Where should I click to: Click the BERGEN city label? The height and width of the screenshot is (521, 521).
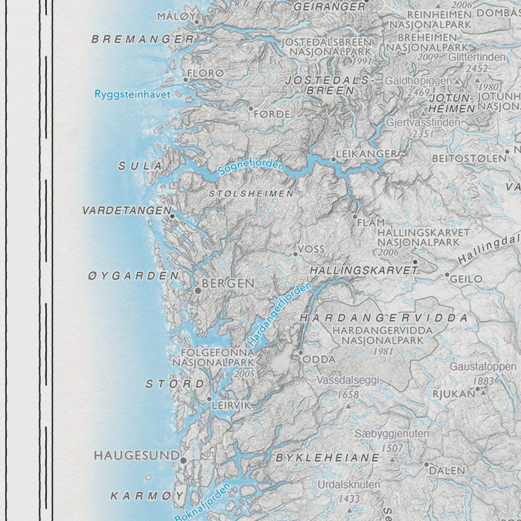228,283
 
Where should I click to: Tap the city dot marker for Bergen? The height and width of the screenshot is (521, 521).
198,290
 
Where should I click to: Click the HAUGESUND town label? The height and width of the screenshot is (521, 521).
137,456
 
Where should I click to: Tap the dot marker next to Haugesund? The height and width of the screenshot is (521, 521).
183,460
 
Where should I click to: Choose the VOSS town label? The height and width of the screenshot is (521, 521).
311,248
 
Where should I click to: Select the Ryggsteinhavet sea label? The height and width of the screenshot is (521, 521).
133,94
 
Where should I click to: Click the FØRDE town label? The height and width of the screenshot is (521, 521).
272,114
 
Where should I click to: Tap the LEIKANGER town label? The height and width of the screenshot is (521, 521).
366,154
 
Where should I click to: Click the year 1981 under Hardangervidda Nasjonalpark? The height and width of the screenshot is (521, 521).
383,351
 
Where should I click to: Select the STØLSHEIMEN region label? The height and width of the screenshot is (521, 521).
252,194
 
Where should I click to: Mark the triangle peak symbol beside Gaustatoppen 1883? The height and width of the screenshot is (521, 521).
483,392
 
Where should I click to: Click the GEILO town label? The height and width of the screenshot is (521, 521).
466,279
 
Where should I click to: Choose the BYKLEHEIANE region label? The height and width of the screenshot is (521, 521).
327,458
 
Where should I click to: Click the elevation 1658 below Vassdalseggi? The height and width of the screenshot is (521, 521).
347,394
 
